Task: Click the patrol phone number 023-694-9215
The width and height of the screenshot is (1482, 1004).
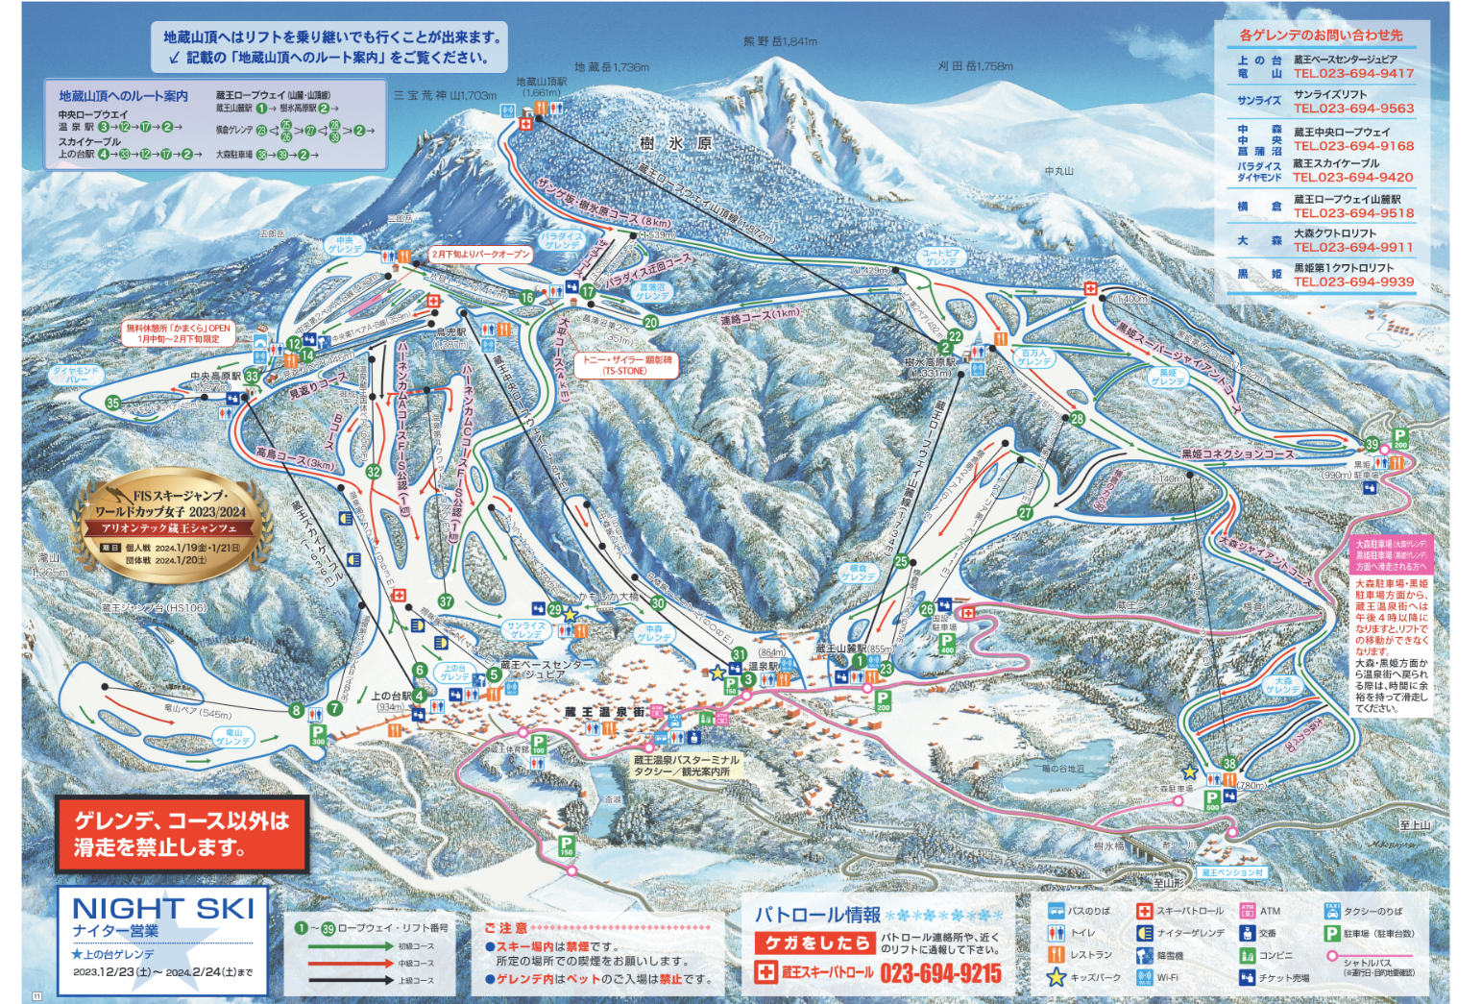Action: pos(939,973)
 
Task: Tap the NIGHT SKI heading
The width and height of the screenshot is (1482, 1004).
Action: pos(163,908)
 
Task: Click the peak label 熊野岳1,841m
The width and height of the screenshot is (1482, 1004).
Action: pos(780,41)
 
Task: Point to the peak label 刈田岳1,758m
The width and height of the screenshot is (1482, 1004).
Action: pos(975,66)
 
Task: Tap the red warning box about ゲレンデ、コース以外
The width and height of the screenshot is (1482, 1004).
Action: pos(182,834)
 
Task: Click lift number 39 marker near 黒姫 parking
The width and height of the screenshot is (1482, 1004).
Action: pos(1372,445)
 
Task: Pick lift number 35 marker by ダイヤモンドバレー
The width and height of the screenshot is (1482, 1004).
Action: pos(113,403)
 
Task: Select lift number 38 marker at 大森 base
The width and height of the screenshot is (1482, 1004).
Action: pos(1228,764)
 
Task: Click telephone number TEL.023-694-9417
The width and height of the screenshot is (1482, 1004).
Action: pos(1352,73)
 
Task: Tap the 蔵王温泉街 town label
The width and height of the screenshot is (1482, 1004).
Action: pos(603,712)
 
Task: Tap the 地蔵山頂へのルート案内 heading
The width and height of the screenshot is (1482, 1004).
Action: pos(123,96)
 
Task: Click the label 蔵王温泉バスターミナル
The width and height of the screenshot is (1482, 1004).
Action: pos(686,760)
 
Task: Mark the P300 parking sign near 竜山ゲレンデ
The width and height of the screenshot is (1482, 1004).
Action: pos(318,735)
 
